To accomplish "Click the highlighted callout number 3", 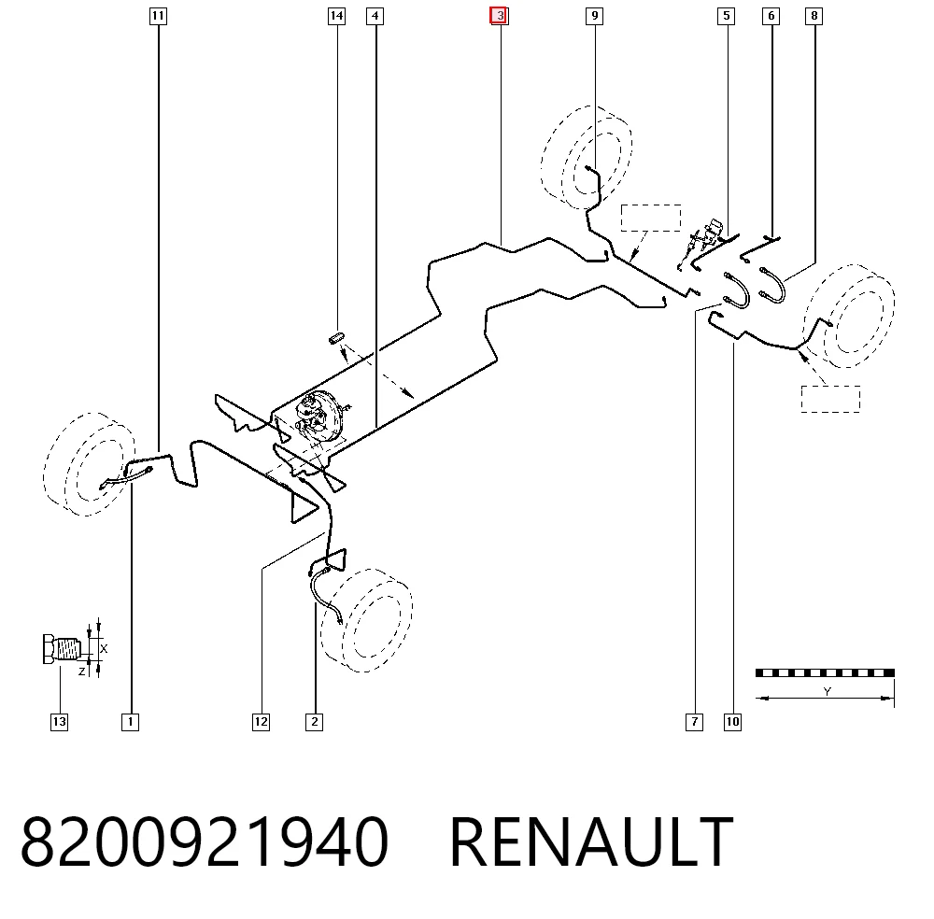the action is [499, 16].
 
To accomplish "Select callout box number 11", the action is [158, 16].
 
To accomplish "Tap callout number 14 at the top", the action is [336, 16].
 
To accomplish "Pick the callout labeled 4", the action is [375, 16].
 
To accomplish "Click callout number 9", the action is [594, 16].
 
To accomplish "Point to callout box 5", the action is [726, 16].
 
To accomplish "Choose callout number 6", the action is [771, 16].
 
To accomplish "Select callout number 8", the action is [814, 16].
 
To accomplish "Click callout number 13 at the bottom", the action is [60, 722].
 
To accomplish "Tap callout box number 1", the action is [131, 722].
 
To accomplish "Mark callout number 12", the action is [261, 722].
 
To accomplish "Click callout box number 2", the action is [315, 722].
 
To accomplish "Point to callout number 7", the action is [695, 722].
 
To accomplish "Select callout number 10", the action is [732, 722].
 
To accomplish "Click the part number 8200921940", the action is [205, 842].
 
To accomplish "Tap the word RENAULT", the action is [591, 842].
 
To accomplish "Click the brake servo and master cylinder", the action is [319, 416].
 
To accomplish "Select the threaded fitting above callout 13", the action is [62, 648].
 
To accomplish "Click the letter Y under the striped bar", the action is [827, 691].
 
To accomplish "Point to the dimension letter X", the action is [104, 648].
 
